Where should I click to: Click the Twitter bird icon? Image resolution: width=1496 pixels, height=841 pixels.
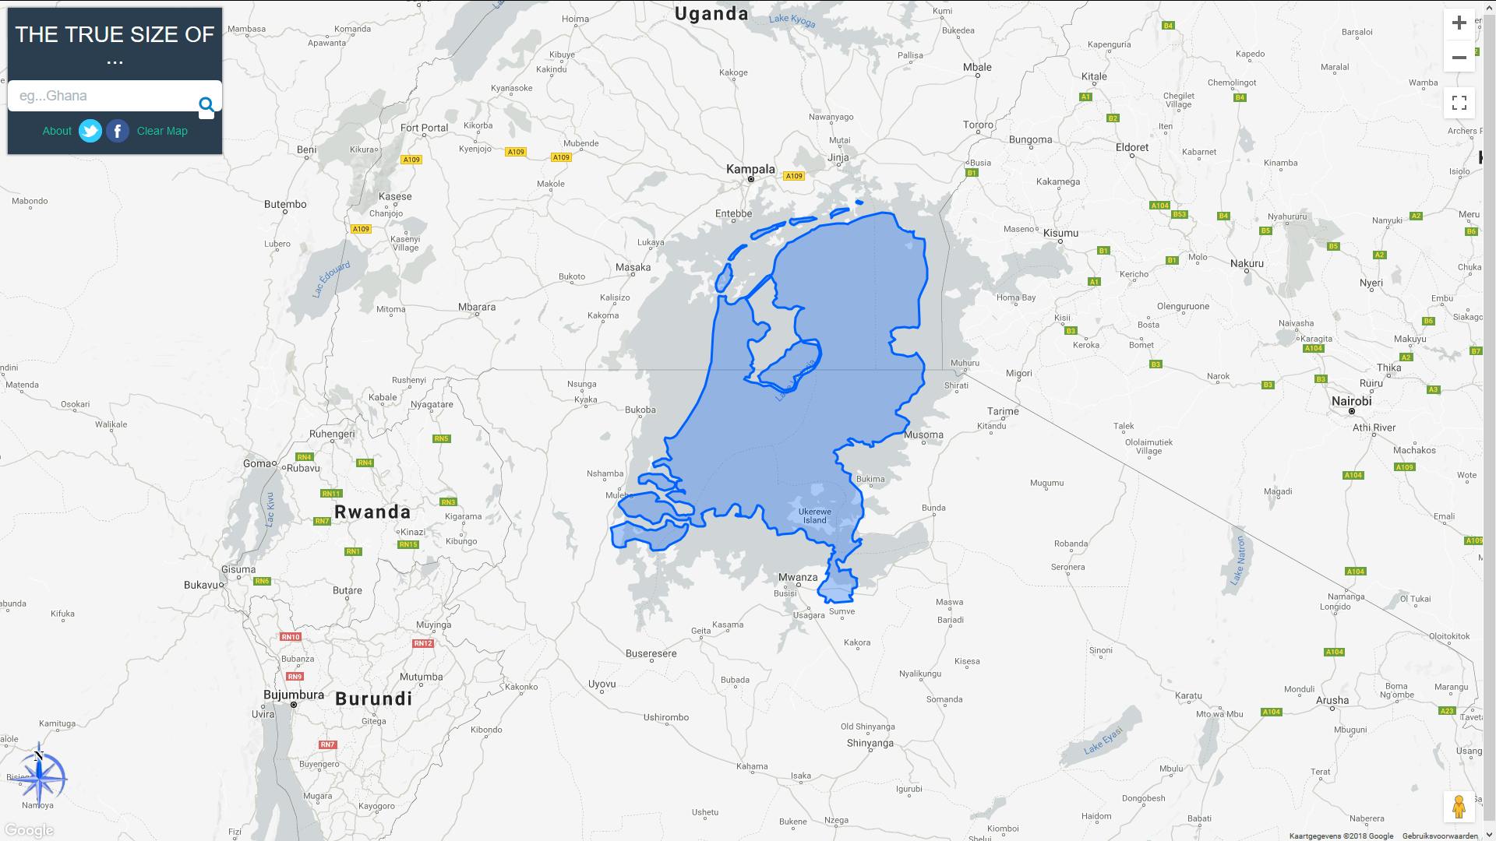coord(90,131)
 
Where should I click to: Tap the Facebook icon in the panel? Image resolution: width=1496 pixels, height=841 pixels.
coord(118,131)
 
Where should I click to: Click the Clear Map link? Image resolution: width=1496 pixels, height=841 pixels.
coord(162,131)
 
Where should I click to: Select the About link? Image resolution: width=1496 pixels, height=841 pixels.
coord(57,131)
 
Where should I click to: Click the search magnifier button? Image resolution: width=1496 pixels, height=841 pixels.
coord(206,105)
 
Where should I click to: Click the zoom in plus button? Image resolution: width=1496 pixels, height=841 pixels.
coord(1459,23)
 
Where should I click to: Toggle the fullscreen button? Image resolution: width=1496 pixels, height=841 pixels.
coord(1459,103)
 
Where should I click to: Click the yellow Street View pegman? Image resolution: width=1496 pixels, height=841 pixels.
coord(1459,806)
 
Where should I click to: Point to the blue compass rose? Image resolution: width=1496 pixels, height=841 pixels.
coord(40,776)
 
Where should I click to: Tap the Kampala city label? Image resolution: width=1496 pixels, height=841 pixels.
coord(750,169)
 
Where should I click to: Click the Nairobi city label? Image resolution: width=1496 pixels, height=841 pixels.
coord(1351,401)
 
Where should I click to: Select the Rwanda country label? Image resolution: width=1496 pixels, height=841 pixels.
coord(372,512)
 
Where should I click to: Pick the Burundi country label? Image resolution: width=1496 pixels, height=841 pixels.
coord(374,698)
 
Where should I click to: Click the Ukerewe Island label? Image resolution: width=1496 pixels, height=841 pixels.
coord(815,516)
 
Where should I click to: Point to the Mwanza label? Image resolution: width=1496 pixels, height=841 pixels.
coord(798,577)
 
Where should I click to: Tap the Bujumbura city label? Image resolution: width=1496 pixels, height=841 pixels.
coord(294,695)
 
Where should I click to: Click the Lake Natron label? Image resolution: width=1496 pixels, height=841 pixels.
coord(1238,561)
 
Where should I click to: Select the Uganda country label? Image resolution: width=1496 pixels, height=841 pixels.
coord(711,13)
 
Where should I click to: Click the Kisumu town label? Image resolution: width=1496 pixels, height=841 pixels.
coord(1060,233)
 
